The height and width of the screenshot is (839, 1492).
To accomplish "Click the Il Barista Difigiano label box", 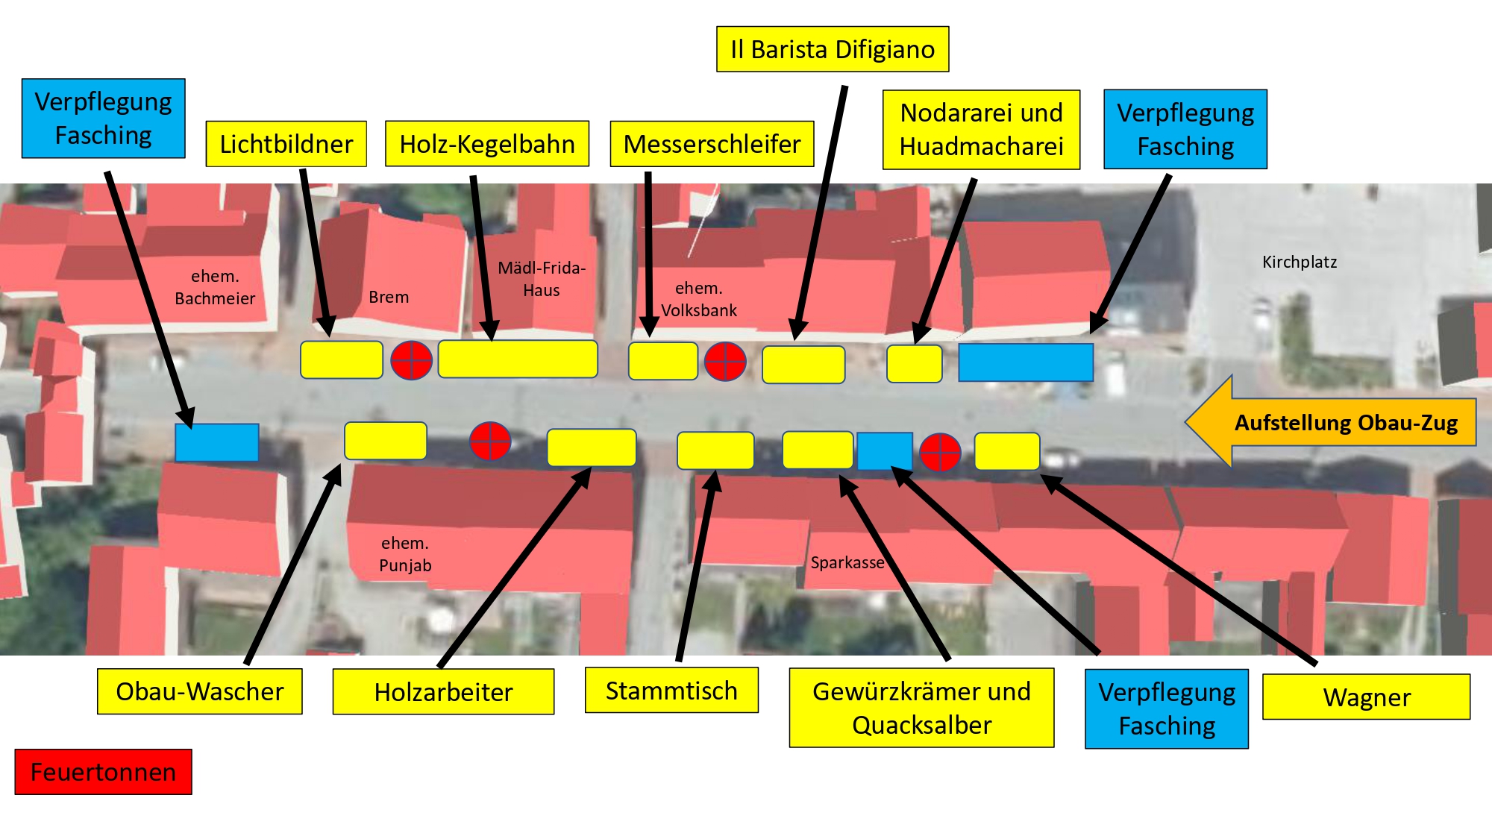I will click(x=832, y=49).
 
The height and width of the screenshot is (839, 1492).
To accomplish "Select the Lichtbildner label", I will click(x=286, y=144).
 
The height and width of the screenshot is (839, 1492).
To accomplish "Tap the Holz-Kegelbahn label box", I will click(x=486, y=144).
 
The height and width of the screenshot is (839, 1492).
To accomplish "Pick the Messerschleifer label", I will click(x=712, y=144).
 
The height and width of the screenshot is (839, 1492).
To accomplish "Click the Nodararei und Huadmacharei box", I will click(x=981, y=130).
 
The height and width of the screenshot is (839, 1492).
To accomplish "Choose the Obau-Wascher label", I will click(x=199, y=691).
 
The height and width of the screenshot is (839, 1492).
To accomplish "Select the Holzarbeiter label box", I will click(x=443, y=692).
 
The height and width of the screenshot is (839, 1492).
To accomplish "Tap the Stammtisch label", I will click(x=671, y=691).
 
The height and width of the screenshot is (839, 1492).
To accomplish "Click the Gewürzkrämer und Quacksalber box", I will click(x=921, y=708).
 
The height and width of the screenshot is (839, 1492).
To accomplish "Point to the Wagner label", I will click(x=1366, y=697).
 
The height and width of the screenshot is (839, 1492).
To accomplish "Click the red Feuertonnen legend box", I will click(x=103, y=772).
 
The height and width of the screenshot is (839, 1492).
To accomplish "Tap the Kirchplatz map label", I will click(x=1299, y=262).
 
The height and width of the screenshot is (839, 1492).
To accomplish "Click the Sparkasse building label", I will click(x=847, y=562).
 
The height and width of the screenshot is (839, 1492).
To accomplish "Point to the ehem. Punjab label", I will click(x=405, y=554).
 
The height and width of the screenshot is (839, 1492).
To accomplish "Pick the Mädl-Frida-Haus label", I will click(x=542, y=279).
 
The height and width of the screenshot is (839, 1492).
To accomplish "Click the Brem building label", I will click(x=389, y=297).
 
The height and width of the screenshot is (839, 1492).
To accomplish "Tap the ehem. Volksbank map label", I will click(x=699, y=299).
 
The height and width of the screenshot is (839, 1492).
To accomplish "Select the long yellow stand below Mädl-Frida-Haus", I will click(x=518, y=359).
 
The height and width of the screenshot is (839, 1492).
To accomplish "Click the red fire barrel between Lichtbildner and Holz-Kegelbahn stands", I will click(x=412, y=360).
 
